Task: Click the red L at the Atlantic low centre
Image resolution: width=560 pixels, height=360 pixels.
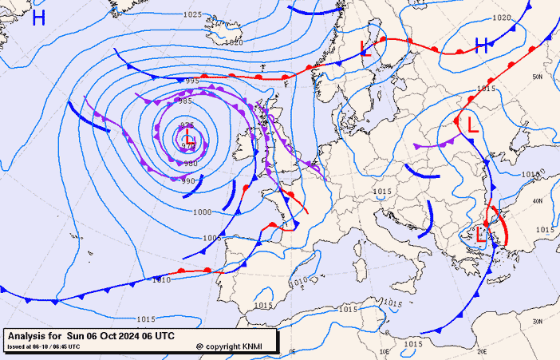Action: (x=190, y=140)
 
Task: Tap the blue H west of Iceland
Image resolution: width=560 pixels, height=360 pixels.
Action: (x=38, y=18)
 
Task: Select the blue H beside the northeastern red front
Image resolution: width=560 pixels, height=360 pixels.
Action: (x=481, y=45)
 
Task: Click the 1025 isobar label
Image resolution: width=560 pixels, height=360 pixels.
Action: (x=192, y=14)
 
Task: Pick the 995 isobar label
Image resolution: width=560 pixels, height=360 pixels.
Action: (x=192, y=81)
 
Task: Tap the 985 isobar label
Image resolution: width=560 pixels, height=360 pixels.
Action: (x=185, y=101)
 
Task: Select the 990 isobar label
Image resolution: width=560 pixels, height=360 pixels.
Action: (x=189, y=181)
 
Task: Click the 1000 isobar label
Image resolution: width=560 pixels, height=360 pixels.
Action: (x=203, y=212)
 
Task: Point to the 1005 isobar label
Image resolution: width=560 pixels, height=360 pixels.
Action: (x=211, y=238)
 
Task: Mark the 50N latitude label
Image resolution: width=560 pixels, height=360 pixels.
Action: (x=538, y=77)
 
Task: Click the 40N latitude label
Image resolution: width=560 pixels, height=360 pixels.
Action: (x=538, y=200)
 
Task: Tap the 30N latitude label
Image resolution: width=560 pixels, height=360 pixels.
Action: (x=538, y=321)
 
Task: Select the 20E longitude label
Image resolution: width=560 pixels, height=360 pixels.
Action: (x=481, y=350)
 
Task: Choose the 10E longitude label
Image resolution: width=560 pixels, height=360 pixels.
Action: (x=384, y=350)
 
